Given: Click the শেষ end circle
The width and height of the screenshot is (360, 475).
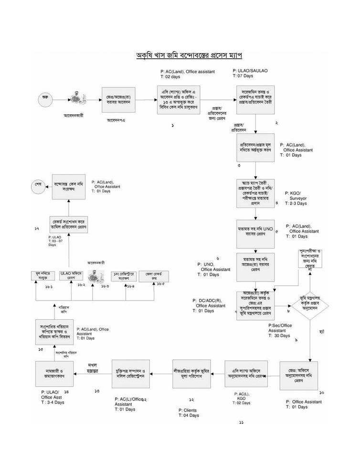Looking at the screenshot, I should tap(39, 184).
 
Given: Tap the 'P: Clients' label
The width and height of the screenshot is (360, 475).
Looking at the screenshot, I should tap(188, 410).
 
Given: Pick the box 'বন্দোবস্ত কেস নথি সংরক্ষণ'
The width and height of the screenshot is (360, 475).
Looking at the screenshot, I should tap(68, 186).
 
